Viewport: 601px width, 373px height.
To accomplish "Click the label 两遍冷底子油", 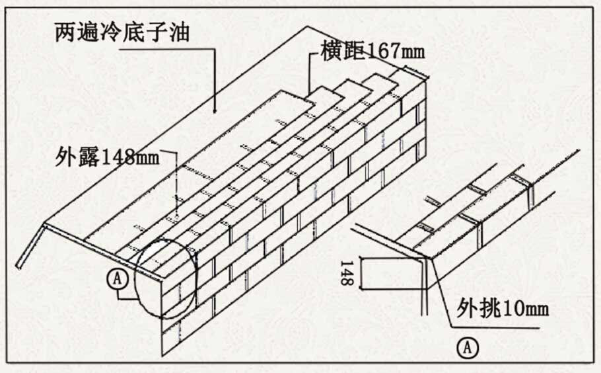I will (x=123, y=32).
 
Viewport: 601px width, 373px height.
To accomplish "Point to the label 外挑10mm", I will (x=503, y=308).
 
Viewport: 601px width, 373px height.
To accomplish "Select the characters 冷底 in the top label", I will (x=123, y=32).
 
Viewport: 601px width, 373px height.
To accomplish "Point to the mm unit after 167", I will (x=412, y=52).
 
